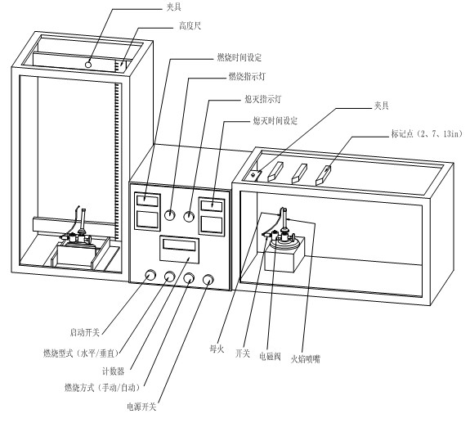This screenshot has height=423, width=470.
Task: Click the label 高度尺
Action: click(x=190, y=26)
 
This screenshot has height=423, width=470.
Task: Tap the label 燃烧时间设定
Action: click(x=239, y=57)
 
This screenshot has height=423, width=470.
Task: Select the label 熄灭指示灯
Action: click(x=263, y=99)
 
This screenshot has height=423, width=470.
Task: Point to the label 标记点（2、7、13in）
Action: click(x=427, y=134)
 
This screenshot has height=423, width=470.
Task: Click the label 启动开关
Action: click(x=84, y=332)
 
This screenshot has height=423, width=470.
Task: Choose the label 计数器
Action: click(x=113, y=371)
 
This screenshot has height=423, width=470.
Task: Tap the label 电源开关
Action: click(x=141, y=407)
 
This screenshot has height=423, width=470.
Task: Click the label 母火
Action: click(x=217, y=349)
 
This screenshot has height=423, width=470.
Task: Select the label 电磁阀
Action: click(x=270, y=357)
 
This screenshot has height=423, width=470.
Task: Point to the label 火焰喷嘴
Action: click(x=306, y=359)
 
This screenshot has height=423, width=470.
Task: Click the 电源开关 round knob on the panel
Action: click(x=208, y=280)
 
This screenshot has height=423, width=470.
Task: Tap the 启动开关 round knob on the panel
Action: click(x=150, y=275)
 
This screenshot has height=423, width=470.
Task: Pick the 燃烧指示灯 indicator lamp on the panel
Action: click(x=170, y=215)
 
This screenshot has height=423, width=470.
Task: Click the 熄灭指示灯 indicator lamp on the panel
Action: click(x=189, y=216)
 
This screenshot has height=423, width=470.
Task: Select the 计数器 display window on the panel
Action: click(x=179, y=245)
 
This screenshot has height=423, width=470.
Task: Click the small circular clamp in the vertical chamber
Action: click(x=88, y=65)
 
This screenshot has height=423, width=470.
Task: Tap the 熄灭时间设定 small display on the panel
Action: click(x=212, y=206)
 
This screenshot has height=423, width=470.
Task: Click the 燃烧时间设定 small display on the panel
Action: click(x=147, y=200)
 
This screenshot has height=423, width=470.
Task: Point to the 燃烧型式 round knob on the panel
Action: click(x=170, y=277)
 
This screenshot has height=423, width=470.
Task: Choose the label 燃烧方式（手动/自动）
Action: click(x=102, y=388)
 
